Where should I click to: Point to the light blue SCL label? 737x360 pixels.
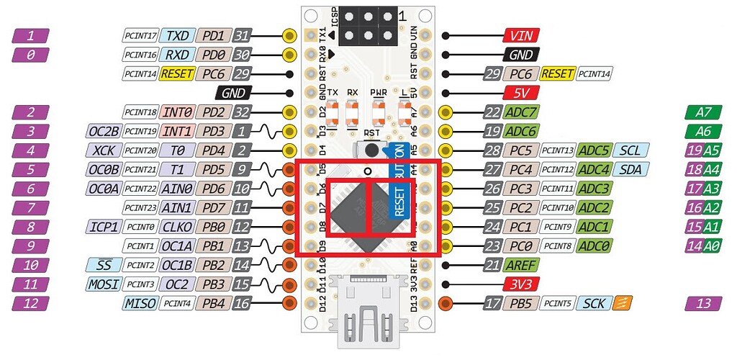(x=631, y=150)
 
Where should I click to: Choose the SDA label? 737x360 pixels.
(x=631, y=169)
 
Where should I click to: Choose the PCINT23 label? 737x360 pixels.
(x=140, y=207)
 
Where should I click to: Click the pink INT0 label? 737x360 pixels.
(x=177, y=112)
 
